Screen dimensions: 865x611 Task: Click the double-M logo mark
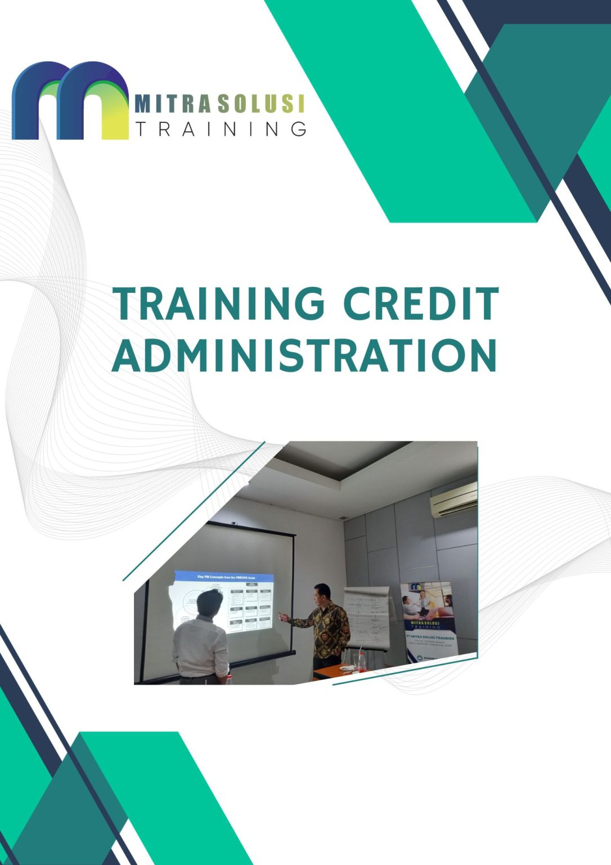tap(70, 101)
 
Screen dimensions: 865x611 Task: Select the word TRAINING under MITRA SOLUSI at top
tap(221, 129)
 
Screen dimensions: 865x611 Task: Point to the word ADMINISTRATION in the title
tap(304, 355)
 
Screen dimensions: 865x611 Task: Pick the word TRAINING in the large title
tap(219, 304)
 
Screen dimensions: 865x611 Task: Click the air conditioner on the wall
tap(453, 500)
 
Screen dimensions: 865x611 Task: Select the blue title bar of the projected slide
tap(224, 577)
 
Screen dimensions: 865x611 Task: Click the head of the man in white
tap(210, 603)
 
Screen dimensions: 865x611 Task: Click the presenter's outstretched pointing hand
tap(283, 617)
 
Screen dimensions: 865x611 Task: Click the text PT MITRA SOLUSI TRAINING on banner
tap(430, 638)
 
